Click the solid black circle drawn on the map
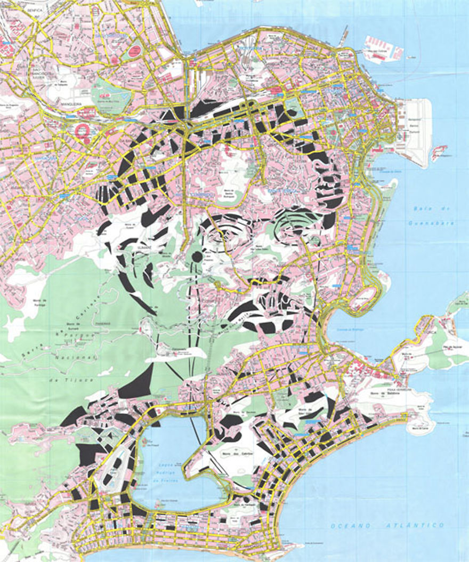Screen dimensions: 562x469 197,257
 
